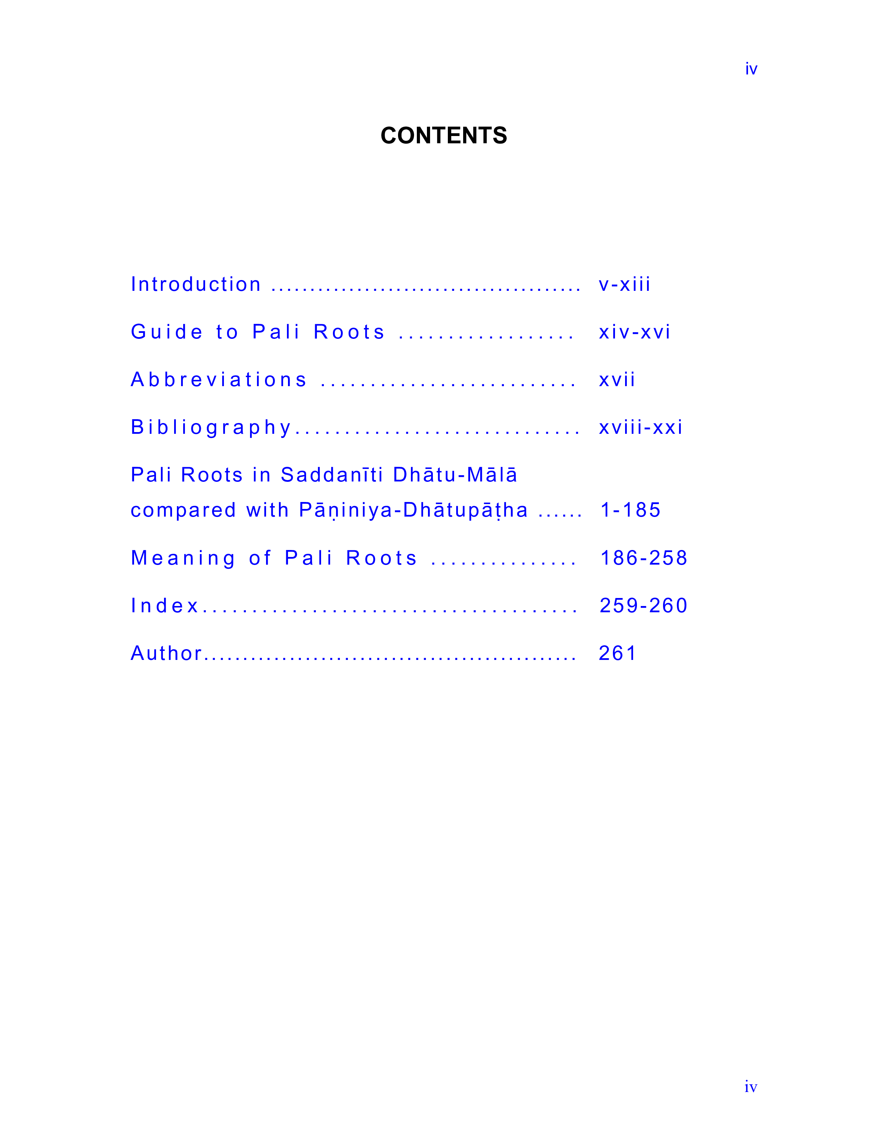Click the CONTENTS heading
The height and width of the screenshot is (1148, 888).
pyautogui.click(x=443, y=136)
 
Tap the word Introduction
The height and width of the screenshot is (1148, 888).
pyautogui.click(x=196, y=284)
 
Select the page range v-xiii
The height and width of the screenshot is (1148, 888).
pyautogui.click(x=624, y=284)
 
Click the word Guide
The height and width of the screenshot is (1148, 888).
pyautogui.click(x=167, y=332)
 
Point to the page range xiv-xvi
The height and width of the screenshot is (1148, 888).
pyautogui.click(x=634, y=332)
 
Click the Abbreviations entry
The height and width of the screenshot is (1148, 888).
pyautogui.click(x=219, y=380)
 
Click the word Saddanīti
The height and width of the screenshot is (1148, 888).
pyautogui.click(x=332, y=475)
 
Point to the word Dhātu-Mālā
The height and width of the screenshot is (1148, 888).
pyautogui.click(x=455, y=475)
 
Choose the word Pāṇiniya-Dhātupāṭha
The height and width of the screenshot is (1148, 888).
pyautogui.click(x=413, y=510)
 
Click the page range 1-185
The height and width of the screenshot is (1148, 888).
pyautogui.click(x=630, y=510)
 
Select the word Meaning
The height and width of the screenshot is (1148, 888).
pyautogui.click(x=183, y=558)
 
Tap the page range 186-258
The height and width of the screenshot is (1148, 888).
pyautogui.click(x=644, y=558)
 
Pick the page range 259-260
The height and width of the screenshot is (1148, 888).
pyautogui.click(x=644, y=606)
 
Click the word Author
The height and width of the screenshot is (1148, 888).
pyautogui.click(x=166, y=653)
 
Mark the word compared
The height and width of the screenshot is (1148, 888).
pyautogui.click(x=184, y=510)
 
